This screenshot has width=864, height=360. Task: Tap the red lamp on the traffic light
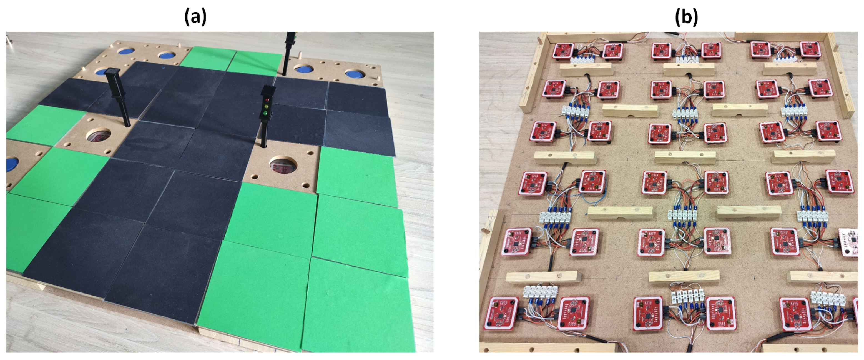(267, 100)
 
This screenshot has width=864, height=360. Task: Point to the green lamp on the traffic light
(266, 113)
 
